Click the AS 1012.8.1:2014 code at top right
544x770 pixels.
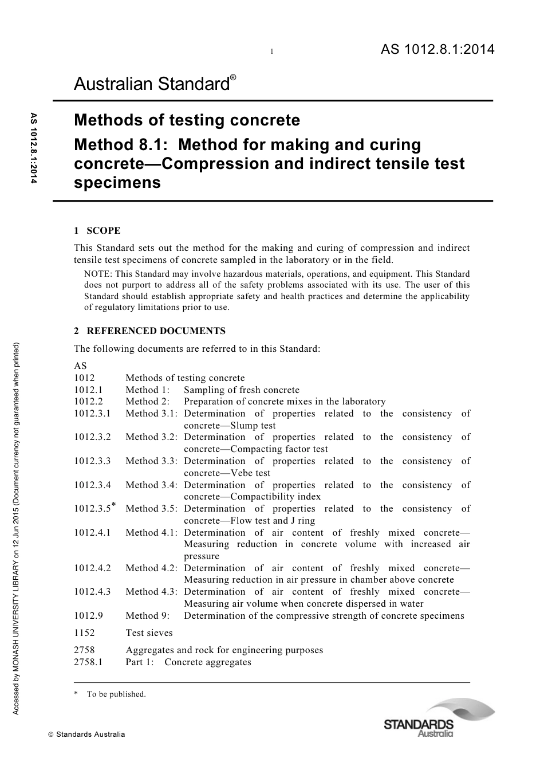coord(437,50)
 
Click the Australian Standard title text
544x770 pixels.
coord(152,85)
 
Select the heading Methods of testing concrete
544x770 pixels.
coord(187,120)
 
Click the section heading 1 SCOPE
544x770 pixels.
coord(97,231)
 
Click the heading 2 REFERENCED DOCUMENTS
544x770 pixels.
coord(149,331)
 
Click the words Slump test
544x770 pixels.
coord(253,426)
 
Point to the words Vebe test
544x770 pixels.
coord(250,473)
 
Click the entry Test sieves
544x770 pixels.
coord(149,633)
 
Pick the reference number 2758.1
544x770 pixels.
coord(88,662)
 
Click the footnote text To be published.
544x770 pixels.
coord(116,694)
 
